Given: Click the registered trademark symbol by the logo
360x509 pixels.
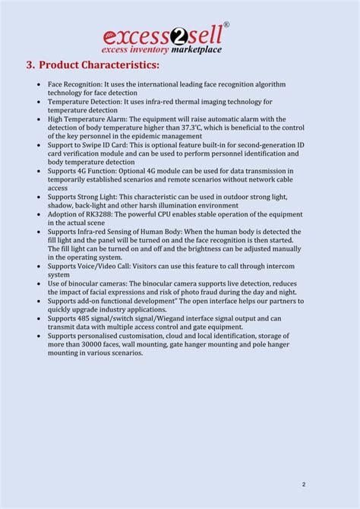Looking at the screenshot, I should tap(226, 25).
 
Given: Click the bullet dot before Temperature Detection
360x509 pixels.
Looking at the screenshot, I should tap(39, 102).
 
